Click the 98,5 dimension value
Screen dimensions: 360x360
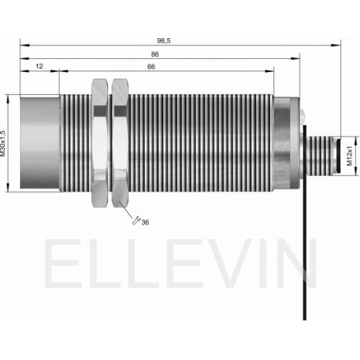(163, 41)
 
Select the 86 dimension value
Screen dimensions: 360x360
(155, 55)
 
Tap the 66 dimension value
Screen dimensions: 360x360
(151, 67)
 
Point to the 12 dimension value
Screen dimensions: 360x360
(39, 66)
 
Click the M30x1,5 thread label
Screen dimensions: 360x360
(3, 143)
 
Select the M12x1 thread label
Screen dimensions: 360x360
(350, 156)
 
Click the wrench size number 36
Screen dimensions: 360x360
(145, 222)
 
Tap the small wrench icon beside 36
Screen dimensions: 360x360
(136, 220)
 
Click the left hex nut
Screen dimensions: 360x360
(100, 143)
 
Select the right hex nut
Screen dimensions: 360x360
(120, 143)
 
